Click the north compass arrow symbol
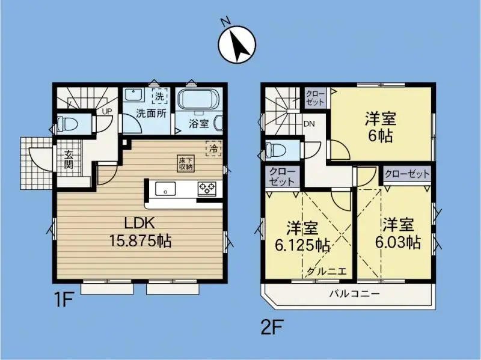click(238, 45)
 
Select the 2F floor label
click(272, 328)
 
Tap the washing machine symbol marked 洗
click(159, 96)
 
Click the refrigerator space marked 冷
click(213, 147)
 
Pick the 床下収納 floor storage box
click(185, 163)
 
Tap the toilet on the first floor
click(66, 125)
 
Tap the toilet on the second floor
click(274, 149)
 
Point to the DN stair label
click(310, 124)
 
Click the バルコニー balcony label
click(354, 294)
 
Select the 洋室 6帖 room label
click(379, 126)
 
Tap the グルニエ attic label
click(326, 271)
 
